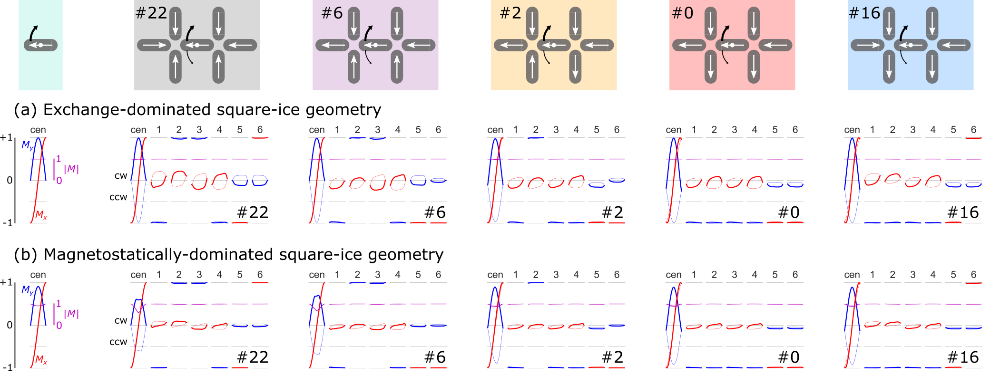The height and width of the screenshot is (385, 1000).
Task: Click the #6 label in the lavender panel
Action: click(332, 13)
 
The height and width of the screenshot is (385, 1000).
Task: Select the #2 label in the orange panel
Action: click(510, 13)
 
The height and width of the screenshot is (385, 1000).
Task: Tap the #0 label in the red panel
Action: click(682, 13)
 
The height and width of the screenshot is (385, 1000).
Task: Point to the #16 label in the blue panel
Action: click(864, 13)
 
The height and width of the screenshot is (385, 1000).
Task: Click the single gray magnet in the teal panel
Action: click(41, 45)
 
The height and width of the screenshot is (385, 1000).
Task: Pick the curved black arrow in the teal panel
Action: click(33, 32)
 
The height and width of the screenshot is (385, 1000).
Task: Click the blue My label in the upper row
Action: click(27, 145)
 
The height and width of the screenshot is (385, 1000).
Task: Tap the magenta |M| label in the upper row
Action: click(71, 169)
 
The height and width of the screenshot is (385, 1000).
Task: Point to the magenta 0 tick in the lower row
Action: click(59, 325)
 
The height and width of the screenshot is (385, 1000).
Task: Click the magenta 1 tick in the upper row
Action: click(59, 158)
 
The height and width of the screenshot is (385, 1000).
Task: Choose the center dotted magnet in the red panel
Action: click(732, 45)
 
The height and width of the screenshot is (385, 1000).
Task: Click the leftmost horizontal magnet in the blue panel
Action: click(867, 45)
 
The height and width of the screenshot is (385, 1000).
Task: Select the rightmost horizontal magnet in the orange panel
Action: click(597, 45)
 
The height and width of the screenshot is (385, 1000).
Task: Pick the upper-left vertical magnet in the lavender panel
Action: click(354, 24)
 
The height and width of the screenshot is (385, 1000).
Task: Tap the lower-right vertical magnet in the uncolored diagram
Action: click(218, 67)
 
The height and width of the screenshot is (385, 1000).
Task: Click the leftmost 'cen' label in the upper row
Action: click(38, 130)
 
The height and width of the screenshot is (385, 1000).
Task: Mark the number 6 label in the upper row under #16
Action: click(973, 129)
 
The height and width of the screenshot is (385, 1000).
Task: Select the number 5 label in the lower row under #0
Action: click(775, 274)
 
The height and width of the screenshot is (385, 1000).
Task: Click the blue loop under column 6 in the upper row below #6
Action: click(438, 180)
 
